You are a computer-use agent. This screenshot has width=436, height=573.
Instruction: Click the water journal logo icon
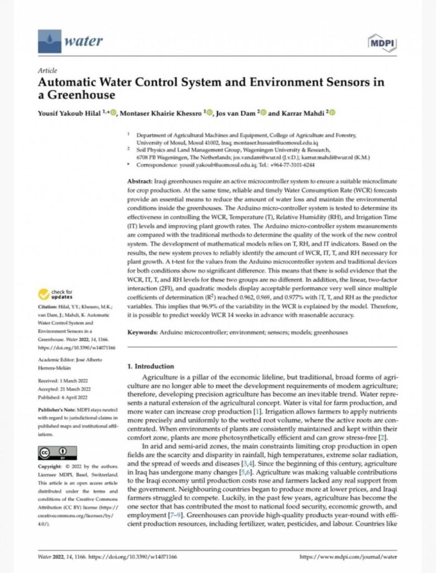[x=50, y=41]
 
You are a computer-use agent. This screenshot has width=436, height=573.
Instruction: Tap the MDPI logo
[x=382, y=43]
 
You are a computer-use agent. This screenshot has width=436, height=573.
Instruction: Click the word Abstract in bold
[x=141, y=182]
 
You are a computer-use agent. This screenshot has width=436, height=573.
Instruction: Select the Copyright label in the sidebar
[x=49, y=466]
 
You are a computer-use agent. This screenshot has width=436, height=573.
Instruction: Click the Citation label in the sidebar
[x=49, y=307]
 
